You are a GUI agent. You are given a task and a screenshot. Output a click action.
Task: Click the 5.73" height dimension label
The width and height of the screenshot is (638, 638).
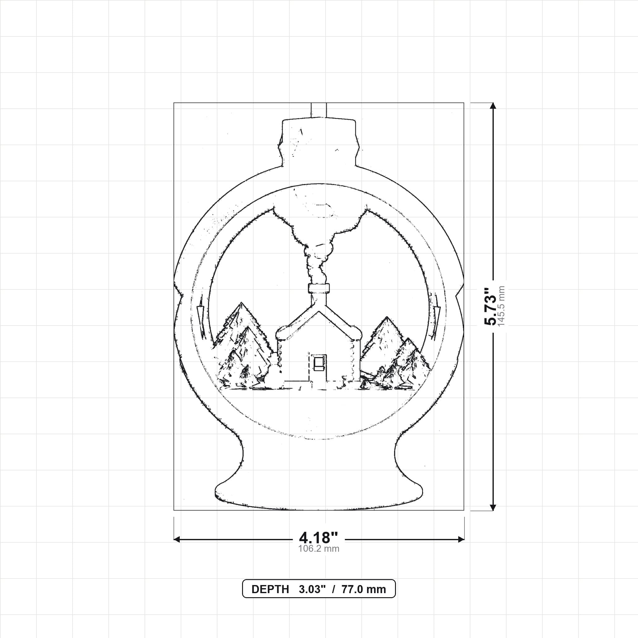coord(490,307)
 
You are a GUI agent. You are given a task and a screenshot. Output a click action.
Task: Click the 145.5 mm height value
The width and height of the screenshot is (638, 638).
coord(501,307)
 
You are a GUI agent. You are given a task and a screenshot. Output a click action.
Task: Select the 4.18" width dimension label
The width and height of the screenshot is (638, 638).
coord(319,538)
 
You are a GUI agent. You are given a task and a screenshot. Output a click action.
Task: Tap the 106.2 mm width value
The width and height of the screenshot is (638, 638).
coord(319,549)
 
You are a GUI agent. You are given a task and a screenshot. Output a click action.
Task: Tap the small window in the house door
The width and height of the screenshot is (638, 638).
coord(318,362)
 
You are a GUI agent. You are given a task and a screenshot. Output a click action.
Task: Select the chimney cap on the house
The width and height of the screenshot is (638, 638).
coord(319,288)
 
